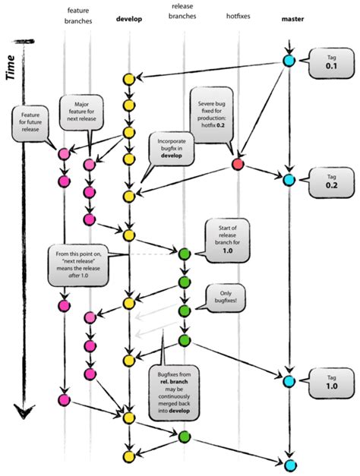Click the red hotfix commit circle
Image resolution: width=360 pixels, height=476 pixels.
pos(238,165)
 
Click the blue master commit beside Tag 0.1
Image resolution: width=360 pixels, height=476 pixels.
pos(289,61)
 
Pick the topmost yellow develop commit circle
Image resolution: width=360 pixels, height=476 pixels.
pos(130,79)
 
